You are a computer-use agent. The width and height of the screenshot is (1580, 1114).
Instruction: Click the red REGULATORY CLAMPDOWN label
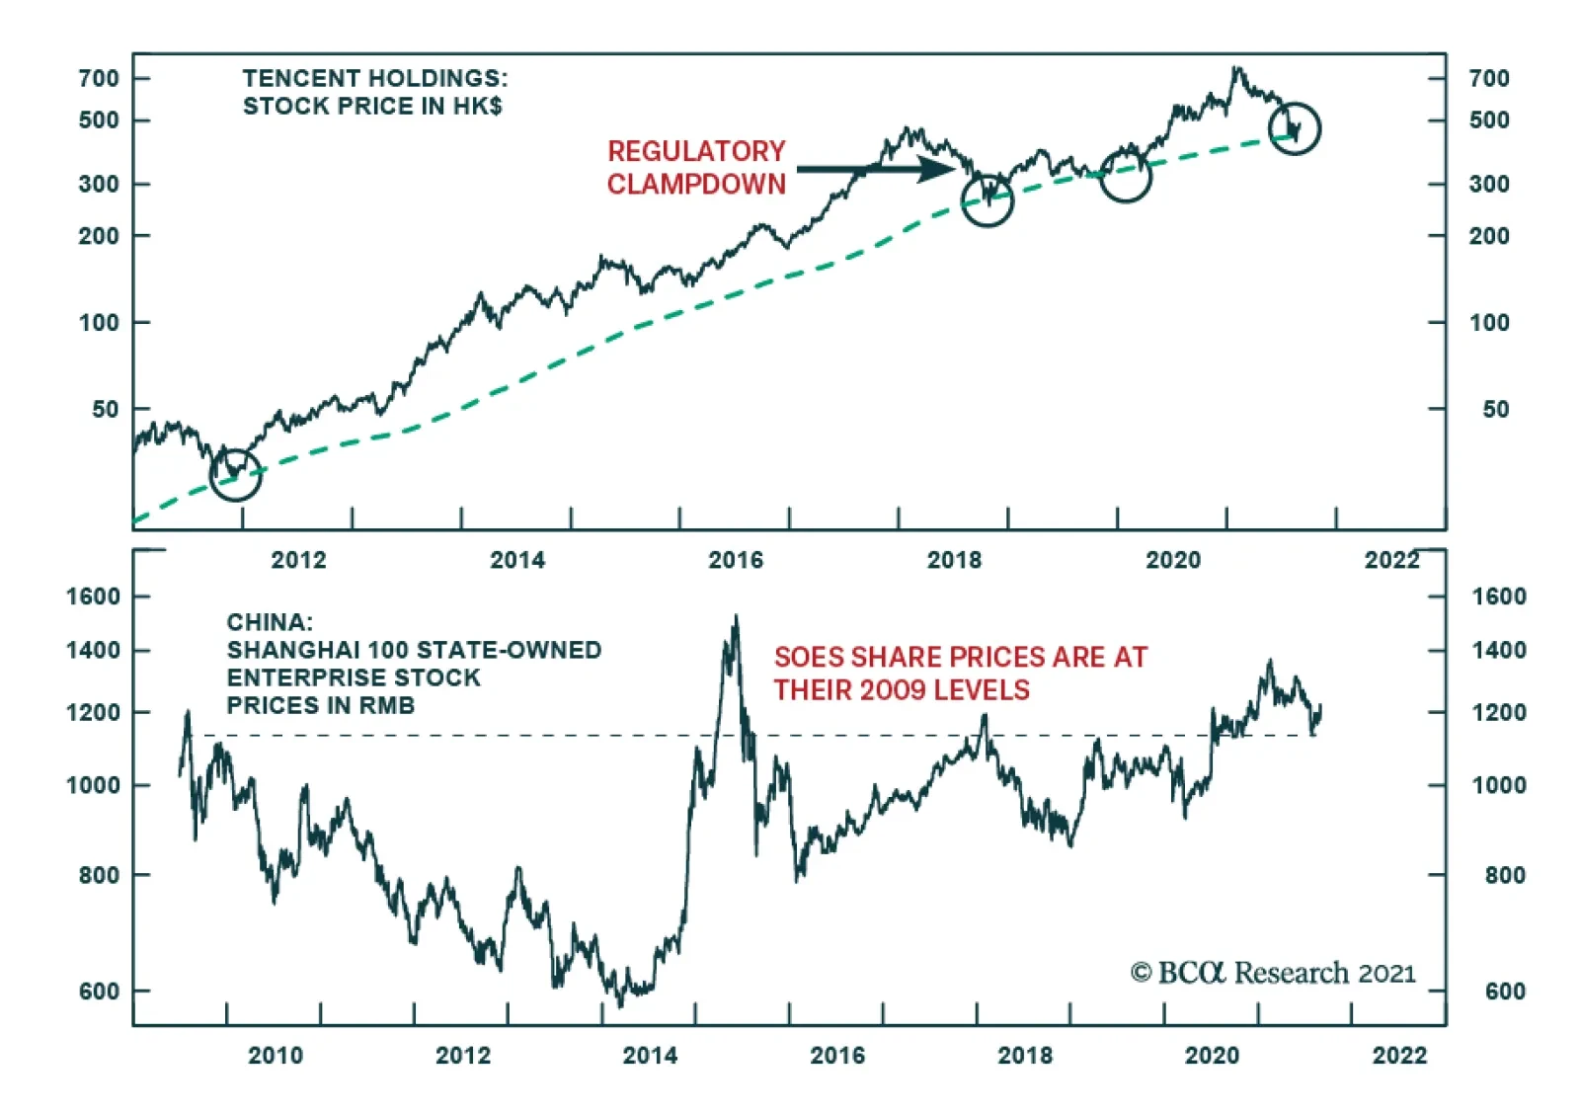pyautogui.click(x=696, y=167)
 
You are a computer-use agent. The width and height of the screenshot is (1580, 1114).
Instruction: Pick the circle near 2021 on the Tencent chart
pyautogui.click(x=1294, y=127)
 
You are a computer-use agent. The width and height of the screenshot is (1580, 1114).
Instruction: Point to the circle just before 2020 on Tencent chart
pyautogui.click(x=1125, y=176)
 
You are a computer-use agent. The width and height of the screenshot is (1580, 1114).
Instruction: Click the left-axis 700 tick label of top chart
pyautogui.click(x=99, y=78)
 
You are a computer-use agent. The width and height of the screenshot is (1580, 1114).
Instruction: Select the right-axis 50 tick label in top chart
pyautogui.click(x=1495, y=409)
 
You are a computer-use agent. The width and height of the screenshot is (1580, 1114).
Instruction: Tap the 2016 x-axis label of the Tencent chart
pyautogui.click(x=736, y=560)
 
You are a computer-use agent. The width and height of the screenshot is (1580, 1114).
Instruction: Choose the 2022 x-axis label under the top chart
pyautogui.click(x=1391, y=560)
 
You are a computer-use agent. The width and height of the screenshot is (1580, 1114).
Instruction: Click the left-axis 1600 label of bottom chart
pyautogui.click(x=93, y=597)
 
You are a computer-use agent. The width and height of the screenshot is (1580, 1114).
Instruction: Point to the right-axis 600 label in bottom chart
pyautogui.click(x=1505, y=991)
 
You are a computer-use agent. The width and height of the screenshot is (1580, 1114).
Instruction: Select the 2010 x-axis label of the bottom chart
pyautogui.click(x=276, y=1055)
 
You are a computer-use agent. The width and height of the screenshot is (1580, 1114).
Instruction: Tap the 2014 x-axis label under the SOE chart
pyautogui.click(x=650, y=1055)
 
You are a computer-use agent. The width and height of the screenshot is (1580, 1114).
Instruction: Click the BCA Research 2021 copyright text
pyautogui.click(x=1273, y=973)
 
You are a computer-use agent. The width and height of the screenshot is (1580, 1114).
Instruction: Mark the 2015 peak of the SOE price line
pyautogui.click(x=736, y=618)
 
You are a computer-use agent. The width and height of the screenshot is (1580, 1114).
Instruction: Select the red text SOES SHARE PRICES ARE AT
pyautogui.click(x=960, y=657)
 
